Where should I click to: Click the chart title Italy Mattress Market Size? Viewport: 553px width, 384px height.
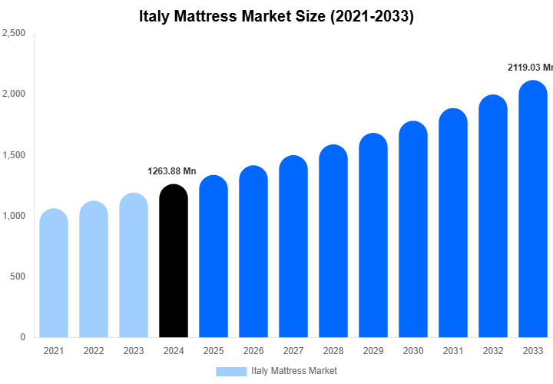pos(276,16)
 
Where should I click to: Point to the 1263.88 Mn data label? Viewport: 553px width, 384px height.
pos(172,171)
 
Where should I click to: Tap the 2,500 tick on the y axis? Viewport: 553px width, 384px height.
pos(15,34)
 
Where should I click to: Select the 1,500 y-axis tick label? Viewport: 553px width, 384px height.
pos(15,155)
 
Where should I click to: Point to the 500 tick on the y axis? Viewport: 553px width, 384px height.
pos(18,276)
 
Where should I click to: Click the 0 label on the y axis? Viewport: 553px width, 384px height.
pos(23,337)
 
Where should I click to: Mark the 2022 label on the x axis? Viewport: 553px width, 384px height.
pos(94,351)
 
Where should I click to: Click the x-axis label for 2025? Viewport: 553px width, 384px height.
pos(214,351)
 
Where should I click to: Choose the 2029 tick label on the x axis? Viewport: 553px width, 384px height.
pos(373,351)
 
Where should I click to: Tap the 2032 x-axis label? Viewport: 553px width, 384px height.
pos(493,351)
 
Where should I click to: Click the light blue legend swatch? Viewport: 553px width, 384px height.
pos(230,371)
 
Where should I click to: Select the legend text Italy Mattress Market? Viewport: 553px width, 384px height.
pos(294,371)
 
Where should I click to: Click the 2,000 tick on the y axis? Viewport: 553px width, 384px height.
pos(15,94)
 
